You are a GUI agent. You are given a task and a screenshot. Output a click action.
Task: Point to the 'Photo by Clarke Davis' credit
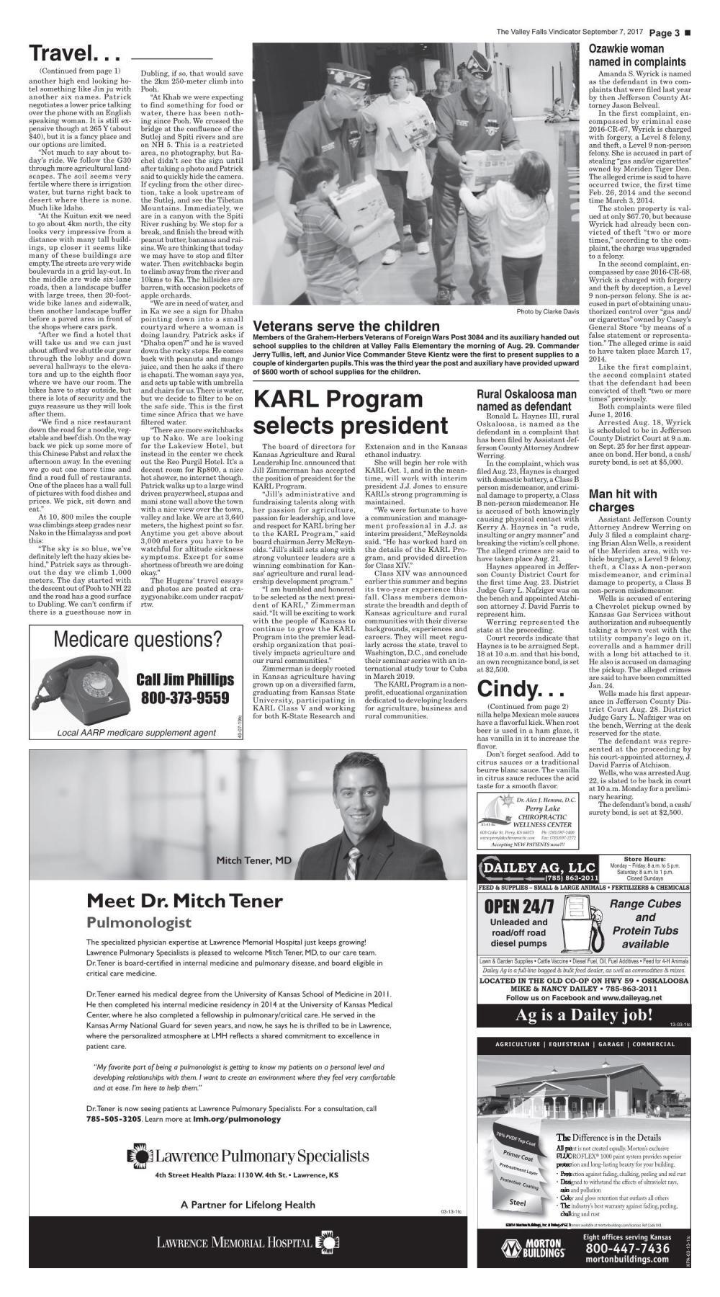(x=547, y=311)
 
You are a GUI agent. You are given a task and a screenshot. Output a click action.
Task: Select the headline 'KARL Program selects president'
(x=351, y=411)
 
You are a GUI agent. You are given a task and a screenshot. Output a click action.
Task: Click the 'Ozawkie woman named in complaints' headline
(x=636, y=55)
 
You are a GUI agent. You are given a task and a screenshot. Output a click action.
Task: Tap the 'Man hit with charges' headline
(x=623, y=500)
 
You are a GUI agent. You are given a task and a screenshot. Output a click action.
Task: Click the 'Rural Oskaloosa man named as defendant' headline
(x=526, y=401)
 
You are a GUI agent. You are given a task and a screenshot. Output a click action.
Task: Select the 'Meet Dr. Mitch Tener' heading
(x=184, y=901)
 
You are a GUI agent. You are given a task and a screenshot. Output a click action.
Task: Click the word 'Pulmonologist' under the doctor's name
(x=139, y=923)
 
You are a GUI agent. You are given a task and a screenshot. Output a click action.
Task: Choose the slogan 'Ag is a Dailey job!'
(x=584, y=1016)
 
